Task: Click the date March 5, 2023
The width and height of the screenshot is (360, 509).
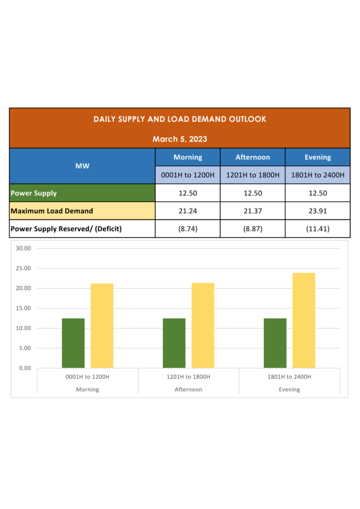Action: (x=180, y=139)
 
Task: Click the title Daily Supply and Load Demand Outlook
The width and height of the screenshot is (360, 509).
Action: (x=180, y=119)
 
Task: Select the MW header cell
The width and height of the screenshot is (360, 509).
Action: (x=83, y=166)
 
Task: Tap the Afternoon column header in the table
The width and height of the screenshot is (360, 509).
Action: (x=253, y=157)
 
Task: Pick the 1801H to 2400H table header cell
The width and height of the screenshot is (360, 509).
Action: (x=318, y=175)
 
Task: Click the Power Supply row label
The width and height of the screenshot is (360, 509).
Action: (x=34, y=193)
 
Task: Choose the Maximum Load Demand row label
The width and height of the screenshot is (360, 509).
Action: (x=52, y=211)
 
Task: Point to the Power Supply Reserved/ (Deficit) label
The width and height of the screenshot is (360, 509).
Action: (x=66, y=229)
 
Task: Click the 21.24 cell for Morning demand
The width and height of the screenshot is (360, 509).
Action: (x=187, y=211)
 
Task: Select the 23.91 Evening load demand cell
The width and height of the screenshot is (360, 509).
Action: (x=317, y=211)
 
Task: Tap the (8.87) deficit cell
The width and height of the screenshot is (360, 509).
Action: (x=253, y=229)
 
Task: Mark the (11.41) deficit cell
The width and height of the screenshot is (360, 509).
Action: (x=317, y=229)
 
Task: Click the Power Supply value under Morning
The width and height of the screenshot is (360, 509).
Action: (x=187, y=193)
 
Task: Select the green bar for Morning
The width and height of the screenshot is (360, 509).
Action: (x=73, y=343)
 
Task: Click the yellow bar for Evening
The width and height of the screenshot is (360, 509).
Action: (x=304, y=321)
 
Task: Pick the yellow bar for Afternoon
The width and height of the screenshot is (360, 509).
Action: (x=203, y=326)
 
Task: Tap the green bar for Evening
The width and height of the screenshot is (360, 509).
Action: (x=275, y=343)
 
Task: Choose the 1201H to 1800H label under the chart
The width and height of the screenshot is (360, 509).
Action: (x=188, y=377)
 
